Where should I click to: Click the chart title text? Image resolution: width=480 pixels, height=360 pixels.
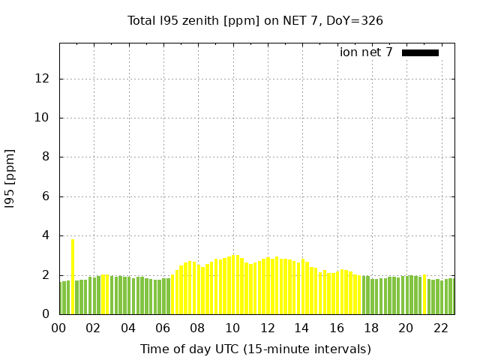(255, 20)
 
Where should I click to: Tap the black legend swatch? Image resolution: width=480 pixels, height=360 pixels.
(420, 52)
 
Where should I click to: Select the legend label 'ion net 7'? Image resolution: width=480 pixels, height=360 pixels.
(366, 52)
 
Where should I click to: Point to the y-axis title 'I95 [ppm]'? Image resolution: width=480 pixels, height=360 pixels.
(10, 178)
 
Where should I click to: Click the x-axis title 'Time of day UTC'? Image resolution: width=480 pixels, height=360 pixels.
(255, 349)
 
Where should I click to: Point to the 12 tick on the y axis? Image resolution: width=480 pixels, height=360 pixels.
(45, 79)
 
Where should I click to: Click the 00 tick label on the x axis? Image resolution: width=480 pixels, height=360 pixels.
(59, 328)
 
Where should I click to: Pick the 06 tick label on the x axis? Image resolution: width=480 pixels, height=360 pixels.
(163, 328)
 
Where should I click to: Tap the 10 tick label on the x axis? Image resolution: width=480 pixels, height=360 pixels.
(232, 328)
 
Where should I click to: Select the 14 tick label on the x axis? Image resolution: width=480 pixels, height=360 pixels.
(301, 328)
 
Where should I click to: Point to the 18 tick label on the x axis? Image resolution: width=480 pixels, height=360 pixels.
(370, 328)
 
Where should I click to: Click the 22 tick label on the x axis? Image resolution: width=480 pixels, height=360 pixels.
(440, 328)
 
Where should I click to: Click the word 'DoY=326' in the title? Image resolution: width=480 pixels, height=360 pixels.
(355, 20)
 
